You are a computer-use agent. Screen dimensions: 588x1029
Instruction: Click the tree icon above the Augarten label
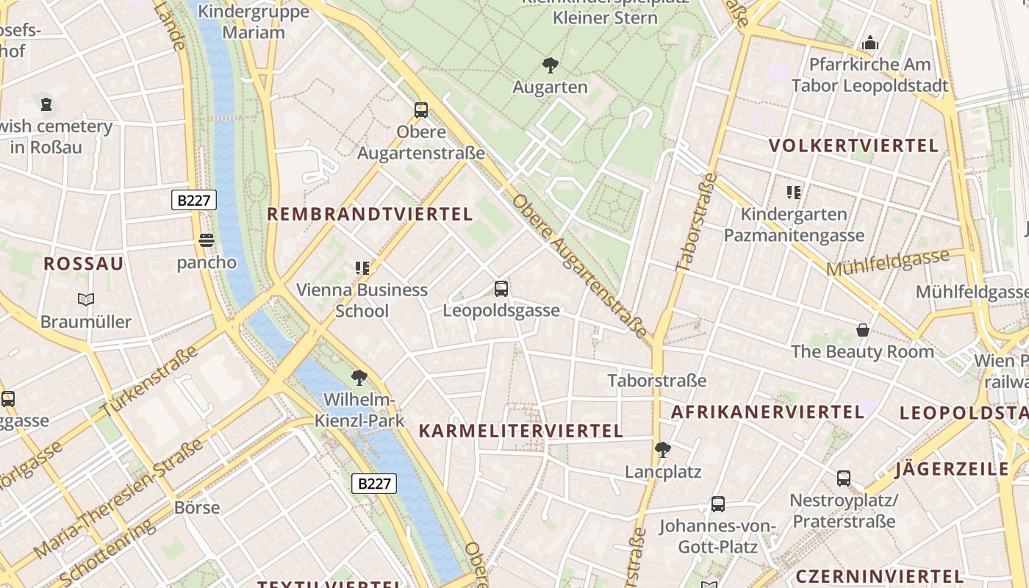pos(550,65)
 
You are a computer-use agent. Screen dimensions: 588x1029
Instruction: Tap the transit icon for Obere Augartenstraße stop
pos(421,110)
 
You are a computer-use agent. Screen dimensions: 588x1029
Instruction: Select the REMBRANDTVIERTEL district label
pos(369,215)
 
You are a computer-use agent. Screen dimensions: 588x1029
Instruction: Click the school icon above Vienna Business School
pos(362,268)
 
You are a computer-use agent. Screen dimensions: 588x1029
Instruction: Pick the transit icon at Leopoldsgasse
pos(501,289)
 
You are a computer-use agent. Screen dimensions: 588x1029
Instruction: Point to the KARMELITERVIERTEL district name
pos(520,431)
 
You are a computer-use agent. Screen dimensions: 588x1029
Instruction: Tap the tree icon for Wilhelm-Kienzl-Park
pos(359,378)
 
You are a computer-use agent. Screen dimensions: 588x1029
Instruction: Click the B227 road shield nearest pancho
pos(194,200)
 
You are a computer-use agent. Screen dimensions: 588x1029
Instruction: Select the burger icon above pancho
pos(207,240)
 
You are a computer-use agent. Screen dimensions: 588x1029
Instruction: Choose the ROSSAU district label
pos(84,265)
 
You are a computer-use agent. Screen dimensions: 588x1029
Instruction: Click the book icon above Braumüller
pos(86,299)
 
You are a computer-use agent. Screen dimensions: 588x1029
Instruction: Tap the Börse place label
pos(197,508)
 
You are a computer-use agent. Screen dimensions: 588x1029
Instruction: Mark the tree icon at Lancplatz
pos(663,449)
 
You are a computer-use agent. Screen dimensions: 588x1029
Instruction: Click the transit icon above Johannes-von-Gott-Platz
pos(718,504)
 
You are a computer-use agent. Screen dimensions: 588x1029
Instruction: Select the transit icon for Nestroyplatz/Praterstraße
pos(844,478)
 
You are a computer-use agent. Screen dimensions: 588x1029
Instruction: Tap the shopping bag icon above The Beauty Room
pos(863,330)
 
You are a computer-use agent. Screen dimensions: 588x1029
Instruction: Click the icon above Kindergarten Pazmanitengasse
pos(794,193)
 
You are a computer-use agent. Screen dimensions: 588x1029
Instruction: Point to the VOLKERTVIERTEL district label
pos(854,146)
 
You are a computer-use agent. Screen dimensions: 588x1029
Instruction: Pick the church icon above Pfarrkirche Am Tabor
pos(870,43)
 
